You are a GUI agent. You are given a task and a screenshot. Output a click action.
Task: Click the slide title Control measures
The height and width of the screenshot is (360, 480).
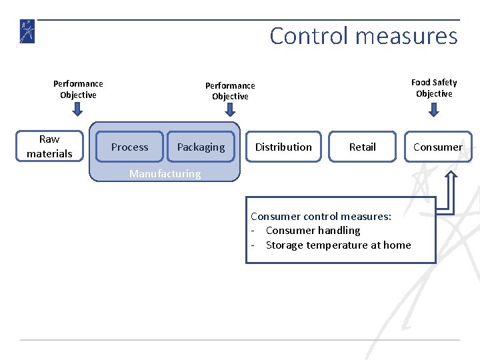(363, 35)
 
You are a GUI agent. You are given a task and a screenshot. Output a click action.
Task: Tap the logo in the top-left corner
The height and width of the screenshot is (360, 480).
(27, 31)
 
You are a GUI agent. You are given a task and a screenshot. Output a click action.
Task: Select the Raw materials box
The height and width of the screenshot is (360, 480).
(49, 147)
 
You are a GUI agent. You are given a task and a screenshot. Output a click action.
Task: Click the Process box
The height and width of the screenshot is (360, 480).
(129, 147)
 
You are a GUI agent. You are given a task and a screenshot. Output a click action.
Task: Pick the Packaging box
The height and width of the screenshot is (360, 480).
(201, 147)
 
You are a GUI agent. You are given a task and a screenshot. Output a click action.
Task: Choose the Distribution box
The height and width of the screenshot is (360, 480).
(283, 147)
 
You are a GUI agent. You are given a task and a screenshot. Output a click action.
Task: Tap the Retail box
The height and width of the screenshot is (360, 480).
(362, 147)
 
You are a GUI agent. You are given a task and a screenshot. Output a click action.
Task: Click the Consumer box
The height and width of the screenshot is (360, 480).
(437, 147)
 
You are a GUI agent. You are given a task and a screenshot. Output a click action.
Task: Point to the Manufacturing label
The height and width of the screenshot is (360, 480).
(165, 174)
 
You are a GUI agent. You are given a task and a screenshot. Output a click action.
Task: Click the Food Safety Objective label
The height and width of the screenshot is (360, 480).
(434, 88)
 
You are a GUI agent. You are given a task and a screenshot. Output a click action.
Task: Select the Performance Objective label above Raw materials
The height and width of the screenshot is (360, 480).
(78, 89)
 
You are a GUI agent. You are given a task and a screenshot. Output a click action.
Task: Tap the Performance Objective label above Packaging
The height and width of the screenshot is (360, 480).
(230, 91)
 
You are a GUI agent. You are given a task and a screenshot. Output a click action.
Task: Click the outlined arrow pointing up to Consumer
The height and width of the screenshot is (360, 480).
(451, 190)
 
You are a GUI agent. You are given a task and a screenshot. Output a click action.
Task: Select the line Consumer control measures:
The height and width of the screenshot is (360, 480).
(321, 216)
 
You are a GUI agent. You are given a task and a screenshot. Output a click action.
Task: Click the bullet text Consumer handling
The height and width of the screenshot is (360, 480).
(312, 231)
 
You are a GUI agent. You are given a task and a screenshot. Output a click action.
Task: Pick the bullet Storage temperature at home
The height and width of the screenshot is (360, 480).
(338, 245)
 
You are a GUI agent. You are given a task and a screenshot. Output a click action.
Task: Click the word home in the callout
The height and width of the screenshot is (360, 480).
(397, 245)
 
